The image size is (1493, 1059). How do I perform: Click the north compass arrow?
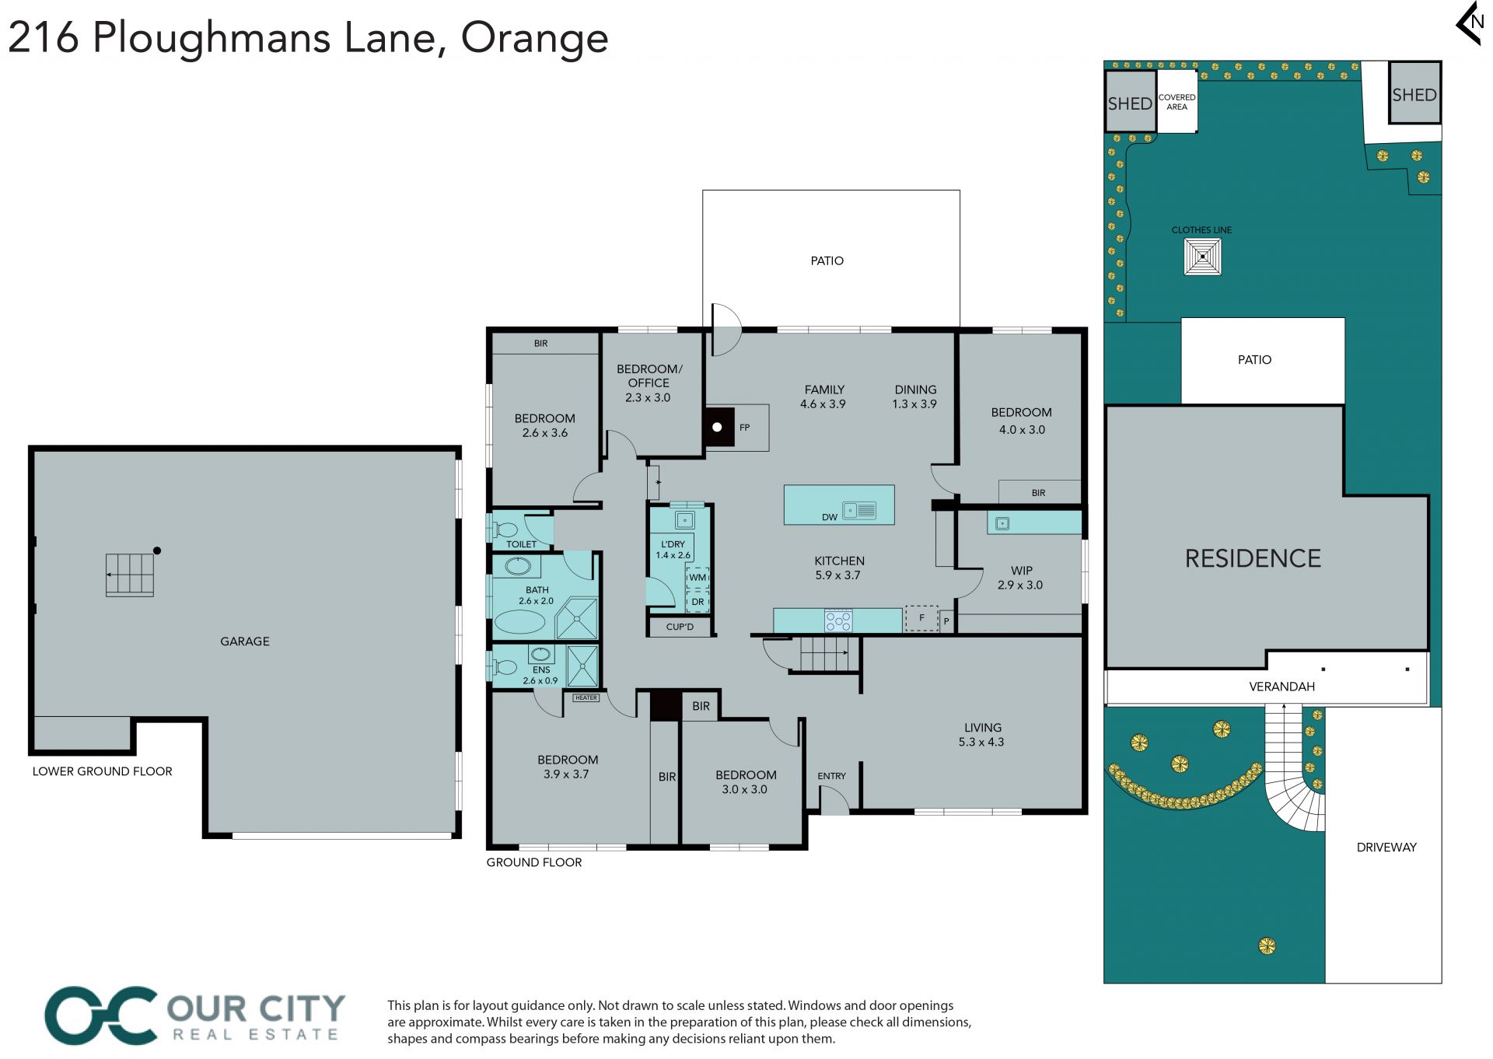1469,23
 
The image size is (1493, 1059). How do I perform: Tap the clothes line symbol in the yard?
1202,257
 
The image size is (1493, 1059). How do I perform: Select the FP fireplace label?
744,428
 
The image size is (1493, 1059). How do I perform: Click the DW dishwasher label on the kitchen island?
830,517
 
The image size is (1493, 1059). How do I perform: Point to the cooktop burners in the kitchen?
838,620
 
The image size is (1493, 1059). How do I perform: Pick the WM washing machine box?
698,577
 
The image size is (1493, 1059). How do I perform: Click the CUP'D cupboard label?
680,627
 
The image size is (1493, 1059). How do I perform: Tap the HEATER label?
586,697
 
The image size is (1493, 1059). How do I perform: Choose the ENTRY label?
831,776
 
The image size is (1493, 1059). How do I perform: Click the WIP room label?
1021,571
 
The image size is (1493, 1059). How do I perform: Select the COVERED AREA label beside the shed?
1177,102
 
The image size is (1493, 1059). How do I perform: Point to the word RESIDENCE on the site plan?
1253,558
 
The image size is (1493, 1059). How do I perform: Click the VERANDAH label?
1281,687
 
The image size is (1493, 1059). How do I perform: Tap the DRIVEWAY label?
1386,848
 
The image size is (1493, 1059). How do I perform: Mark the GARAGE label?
245,641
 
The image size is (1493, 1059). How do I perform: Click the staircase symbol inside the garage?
130,575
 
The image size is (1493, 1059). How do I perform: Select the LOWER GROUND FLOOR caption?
103,771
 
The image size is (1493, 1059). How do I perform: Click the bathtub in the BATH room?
520,622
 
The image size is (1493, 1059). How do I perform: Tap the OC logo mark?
101,1015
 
